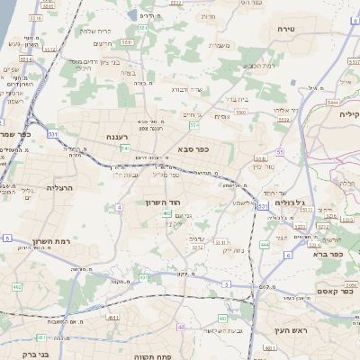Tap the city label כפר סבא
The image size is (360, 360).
click(x=193, y=148)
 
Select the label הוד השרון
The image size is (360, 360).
click(x=163, y=202)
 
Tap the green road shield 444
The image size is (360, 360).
click(x=265, y=244)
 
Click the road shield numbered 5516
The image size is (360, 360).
click(x=37, y=17)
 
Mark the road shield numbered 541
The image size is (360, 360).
click(x=125, y=148)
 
